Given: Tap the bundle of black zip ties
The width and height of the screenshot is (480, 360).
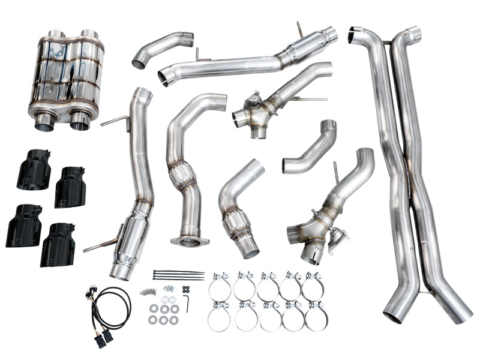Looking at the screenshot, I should click(x=178, y=275).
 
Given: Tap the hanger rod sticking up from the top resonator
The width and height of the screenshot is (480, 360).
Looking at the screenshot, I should click(x=299, y=29).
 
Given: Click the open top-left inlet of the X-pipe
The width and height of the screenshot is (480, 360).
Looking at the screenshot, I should click(x=361, y=32).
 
